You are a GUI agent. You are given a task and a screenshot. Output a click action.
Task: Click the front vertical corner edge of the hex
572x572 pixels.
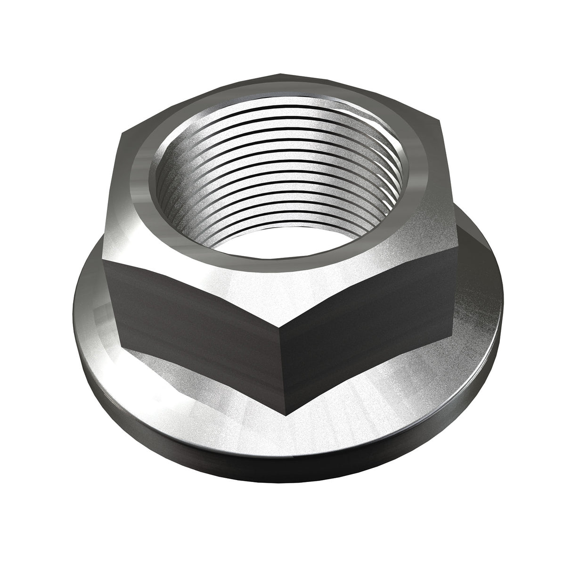281,358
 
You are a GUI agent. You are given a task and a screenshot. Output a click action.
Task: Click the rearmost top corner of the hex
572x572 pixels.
281,74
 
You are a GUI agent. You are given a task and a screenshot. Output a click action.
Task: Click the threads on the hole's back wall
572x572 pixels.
278,141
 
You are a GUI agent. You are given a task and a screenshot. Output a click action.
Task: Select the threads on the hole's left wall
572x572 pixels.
172,188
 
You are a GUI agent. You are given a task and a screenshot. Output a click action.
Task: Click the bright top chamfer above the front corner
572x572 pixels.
282,302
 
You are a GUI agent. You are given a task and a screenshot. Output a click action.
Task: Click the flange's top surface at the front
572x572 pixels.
283,438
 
